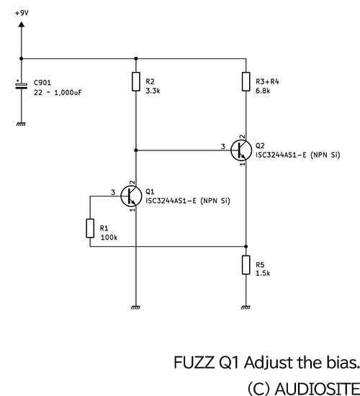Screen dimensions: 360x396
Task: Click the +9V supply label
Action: [22, 13]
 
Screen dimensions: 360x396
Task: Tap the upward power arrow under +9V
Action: [22, 24]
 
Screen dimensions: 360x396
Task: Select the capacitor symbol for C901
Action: [21, 85]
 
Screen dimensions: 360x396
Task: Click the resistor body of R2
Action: [136, 81]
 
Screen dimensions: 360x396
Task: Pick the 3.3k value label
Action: [153, 91]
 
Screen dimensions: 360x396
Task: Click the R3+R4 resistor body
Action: [246, 81]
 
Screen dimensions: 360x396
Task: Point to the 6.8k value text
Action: [263, 91]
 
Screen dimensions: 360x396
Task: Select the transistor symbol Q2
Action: [241, 150]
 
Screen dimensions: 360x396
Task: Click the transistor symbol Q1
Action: [131, 196]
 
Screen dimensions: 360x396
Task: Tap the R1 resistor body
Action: [90, 228]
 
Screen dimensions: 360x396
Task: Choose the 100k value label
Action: [109, 238]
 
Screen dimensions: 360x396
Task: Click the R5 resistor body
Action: [246, 265]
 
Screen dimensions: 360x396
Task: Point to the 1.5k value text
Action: [263, 274]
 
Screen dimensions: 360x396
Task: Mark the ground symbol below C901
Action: [21, 124]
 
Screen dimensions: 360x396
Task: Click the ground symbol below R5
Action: [246, 307]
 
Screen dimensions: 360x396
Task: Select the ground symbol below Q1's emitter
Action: [135, 307]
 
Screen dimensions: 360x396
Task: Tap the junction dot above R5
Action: [246, 246]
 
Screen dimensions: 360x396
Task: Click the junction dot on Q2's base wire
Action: [136, 150]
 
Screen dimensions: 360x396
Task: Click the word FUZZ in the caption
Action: [194, 362]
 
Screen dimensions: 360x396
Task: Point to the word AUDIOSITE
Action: [318, 388]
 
